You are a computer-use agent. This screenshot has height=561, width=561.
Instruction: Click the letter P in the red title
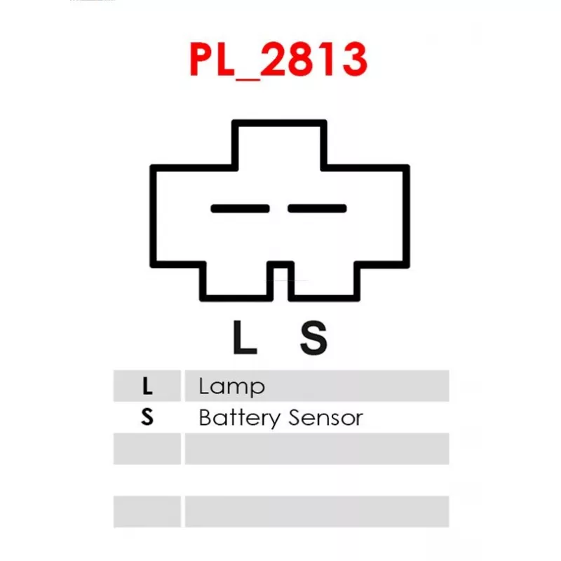202,59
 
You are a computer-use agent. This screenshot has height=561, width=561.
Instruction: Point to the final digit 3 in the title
354,59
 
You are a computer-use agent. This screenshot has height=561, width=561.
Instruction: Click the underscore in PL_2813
248,78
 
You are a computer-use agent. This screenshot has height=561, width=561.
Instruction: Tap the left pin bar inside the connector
240,208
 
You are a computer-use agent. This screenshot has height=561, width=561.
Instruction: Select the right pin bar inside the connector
317,208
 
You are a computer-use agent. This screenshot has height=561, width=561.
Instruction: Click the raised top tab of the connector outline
279,123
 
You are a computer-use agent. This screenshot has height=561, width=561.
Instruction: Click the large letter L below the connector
245,337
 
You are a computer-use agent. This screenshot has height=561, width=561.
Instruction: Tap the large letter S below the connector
313,337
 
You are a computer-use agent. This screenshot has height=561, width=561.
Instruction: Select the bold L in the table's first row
147,386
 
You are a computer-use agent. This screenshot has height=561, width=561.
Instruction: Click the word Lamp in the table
232,387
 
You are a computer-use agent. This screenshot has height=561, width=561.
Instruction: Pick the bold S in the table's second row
147,417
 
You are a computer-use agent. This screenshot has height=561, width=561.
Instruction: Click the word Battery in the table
240,418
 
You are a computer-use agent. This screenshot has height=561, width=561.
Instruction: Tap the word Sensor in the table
326,417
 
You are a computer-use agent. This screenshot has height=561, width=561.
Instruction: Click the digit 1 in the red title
327,59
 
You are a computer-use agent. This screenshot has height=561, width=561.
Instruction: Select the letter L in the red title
226,59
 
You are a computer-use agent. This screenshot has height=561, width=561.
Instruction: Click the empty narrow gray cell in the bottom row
147,512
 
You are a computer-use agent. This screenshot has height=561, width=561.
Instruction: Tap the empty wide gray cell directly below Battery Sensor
317,449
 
